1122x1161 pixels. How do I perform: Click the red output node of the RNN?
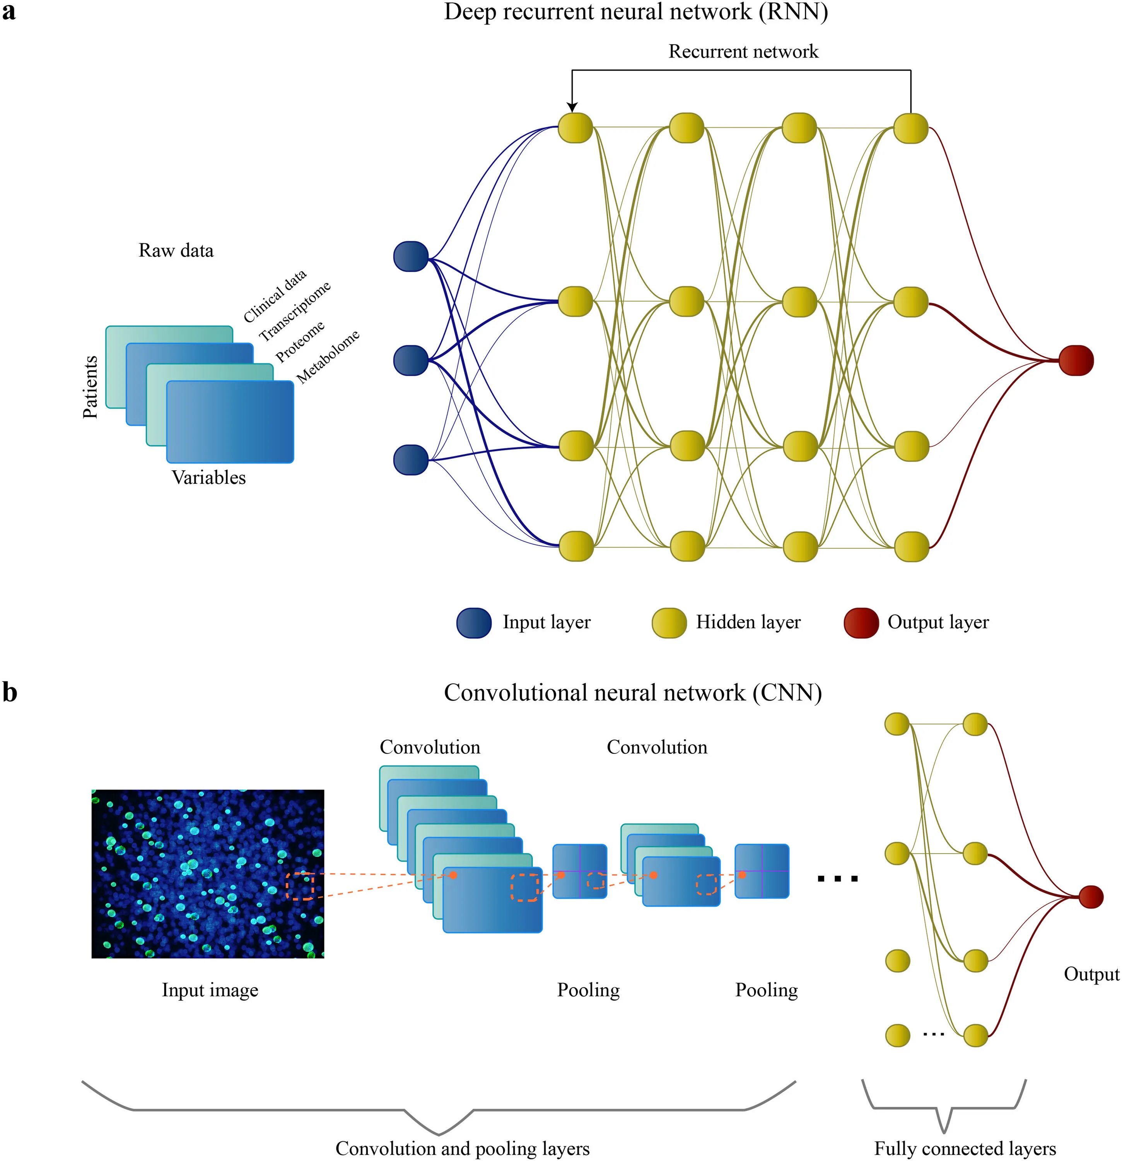click(x=1075, y=360)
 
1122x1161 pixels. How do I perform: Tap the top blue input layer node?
click(x=411, y=257)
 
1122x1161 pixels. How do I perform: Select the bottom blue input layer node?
click(x=411, y=460)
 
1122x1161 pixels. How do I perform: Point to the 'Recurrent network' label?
click(x=743, y=51)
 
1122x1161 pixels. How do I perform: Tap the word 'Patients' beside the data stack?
click(x=90, y=387)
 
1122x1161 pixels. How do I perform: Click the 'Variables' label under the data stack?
click(x=208, y=478)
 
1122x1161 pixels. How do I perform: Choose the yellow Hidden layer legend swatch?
click(x=669, y=623)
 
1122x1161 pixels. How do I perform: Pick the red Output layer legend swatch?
click(x=861, y=623)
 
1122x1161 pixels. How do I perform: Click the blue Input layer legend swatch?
click(x=474, y=623)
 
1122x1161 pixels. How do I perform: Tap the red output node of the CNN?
click(x=1091, y=897)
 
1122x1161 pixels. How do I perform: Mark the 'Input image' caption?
click(x=210, y=990)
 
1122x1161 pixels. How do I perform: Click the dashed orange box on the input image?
click(x=300, y=886)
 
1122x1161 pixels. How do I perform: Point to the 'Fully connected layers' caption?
click(x=965, y=1148)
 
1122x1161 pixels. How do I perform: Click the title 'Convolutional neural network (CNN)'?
click(x=632, y=692)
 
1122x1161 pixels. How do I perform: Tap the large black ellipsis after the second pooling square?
click(x=837, y=879)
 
